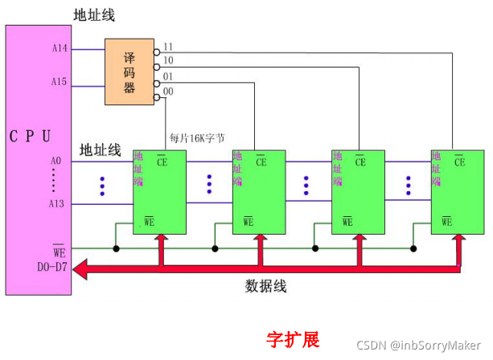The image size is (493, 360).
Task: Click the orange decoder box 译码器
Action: (129, 72)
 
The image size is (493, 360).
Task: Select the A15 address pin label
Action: (60, 81)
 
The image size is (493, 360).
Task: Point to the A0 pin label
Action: (55, 162)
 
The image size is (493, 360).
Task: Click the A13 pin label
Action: (56, 204)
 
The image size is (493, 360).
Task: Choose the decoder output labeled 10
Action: (168, 60)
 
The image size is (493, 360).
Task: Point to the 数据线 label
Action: (265, 285)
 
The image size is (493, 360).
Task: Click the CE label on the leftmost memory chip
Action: (162, 162)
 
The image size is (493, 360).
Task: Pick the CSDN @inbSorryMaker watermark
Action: (424, 346)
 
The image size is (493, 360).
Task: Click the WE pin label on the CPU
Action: (58, 252)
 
